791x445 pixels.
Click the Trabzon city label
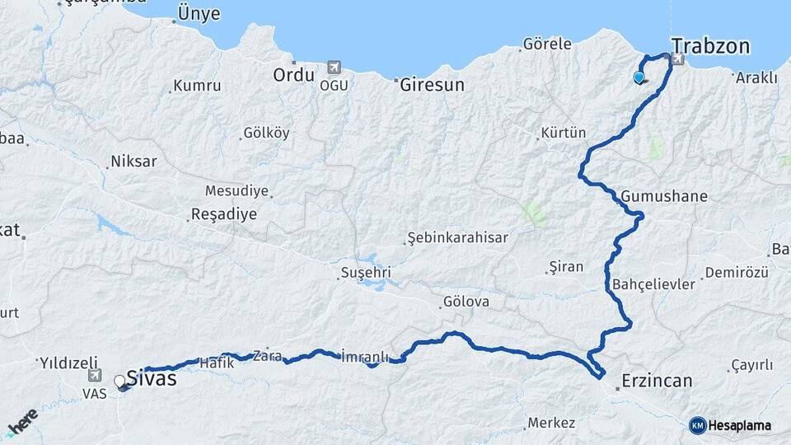click(711, 45)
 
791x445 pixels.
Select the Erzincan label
click(657, 381)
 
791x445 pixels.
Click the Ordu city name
click(294, 75)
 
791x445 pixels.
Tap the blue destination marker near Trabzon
click(639, 77)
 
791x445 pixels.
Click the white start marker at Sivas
click(120, 382)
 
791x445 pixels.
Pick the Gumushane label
click(664, 197)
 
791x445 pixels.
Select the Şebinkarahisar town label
click(458, 238)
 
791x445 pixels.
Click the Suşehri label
click(366, 273)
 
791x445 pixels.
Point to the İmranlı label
click(364, 357)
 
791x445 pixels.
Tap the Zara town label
click(267, 356)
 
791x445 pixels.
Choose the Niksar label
click(133, 162)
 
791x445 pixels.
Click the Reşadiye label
click(223, 214)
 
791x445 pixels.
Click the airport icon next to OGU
click(333, 67)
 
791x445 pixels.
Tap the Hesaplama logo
click(730, 425)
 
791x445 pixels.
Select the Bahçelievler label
click(654, 284)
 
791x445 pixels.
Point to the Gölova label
click(466, 302)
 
